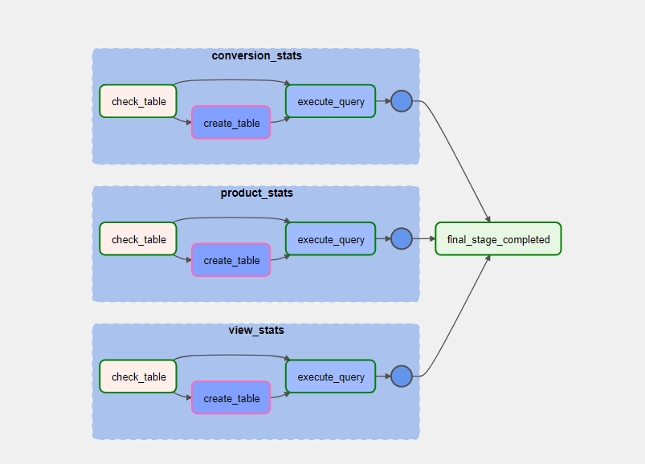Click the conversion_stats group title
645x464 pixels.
(x=256, y=55)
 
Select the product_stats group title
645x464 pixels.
(x=256, y=193)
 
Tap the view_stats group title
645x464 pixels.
(x=256, y=330)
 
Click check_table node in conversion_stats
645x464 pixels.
(x=138, y=101)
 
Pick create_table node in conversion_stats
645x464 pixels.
(x=231, y=123)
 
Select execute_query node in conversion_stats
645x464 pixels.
(x=330, y=101)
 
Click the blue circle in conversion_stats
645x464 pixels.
(x=401, y=101)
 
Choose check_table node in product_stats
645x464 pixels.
(x=138, y=239)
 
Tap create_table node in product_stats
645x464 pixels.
(x=231, y=260)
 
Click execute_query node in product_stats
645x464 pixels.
(x=330, y=239)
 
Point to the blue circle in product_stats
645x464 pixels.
(x=401, y=238)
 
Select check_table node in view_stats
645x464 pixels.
(x=138, y=376)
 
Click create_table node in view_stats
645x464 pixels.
(x=231, y=398)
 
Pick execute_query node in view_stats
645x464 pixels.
(x=330, y=376)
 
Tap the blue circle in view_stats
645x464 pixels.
(x=401, y=376)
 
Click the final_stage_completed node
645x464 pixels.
(x=498, y=239)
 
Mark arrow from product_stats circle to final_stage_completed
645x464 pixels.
(x=423, y=238)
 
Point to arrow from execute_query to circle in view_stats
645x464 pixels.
(x=383, y=376)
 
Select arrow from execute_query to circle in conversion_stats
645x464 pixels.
(x=383, y=101)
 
